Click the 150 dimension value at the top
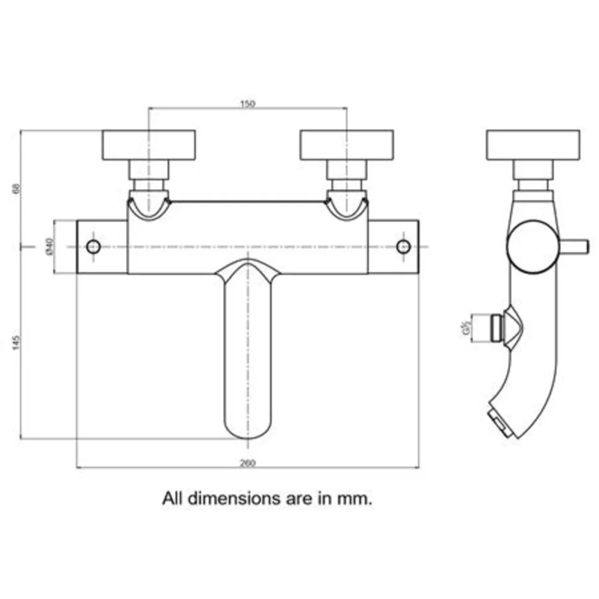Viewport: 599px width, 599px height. tap(247, 104)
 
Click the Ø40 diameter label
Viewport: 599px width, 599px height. tap(50, 247)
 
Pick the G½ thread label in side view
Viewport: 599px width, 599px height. tap(465, 329)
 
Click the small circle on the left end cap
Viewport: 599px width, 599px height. tap(93, 246)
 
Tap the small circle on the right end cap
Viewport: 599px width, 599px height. tap(404, 246)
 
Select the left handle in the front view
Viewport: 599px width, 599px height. tap(149, 145)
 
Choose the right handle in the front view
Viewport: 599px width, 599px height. tap(346, 145)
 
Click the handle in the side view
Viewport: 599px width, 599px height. tap(533, 145)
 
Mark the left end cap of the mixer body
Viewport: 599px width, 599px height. tap(102, 247)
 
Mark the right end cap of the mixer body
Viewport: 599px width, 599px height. tap(393, 247)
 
